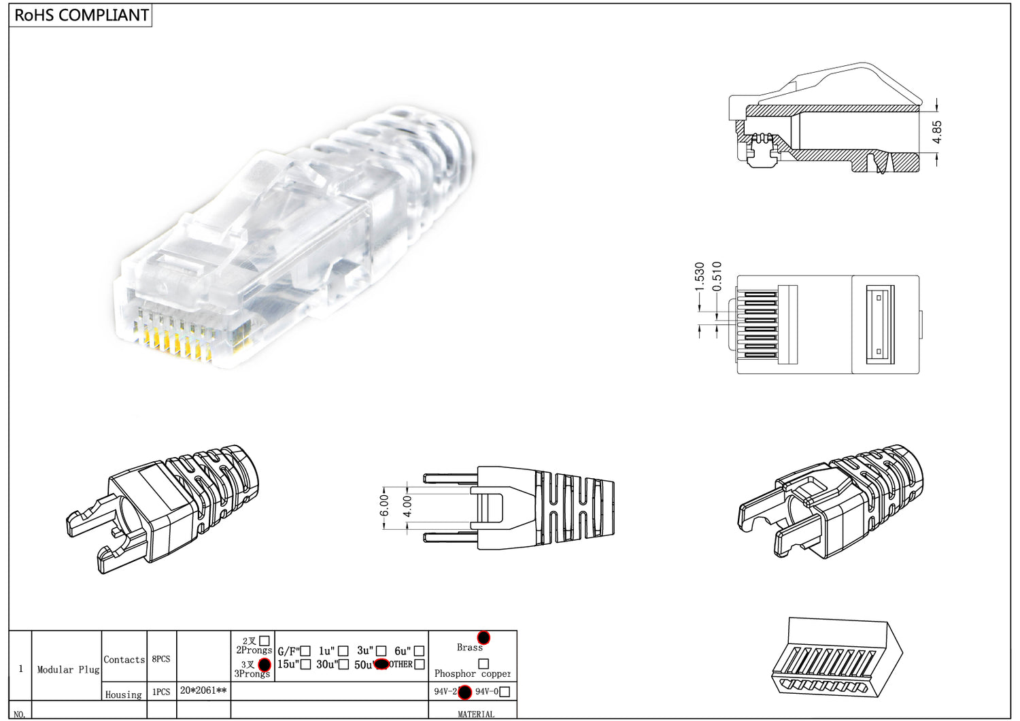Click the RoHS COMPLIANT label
coord(81,16)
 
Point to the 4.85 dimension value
coord(937,132)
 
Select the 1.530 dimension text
coord(700,277)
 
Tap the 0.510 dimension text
coord(717,277)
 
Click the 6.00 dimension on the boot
coord(384,505)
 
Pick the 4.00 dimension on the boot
coord(407,506)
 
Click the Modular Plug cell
coord(68,669)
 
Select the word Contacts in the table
coord(124,659)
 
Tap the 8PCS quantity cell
coord(161,659)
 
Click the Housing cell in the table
coord(124,694)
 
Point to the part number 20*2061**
coord(203,690)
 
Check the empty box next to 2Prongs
coord(265,641)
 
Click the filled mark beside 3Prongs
coord(265,665)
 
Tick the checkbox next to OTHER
coord(420,665)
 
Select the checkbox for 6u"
coord(419,651)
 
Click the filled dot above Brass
coord(483,637)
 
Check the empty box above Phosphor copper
coord(483,663)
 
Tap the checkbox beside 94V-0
coord(505,692)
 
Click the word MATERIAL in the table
coord(476,714)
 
